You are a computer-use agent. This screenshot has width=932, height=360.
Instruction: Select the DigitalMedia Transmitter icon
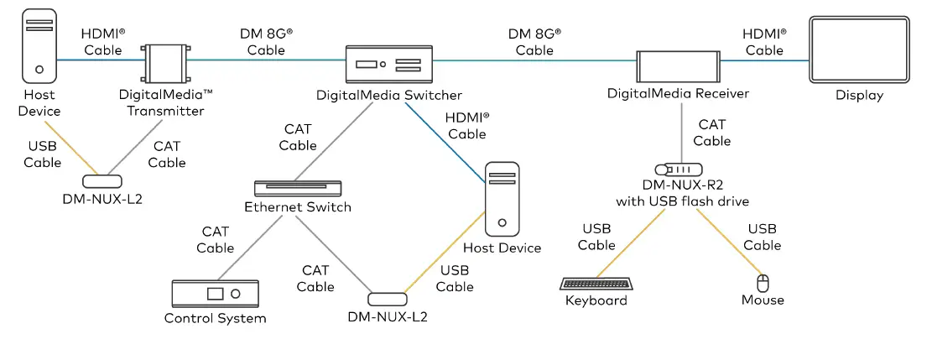coord(166,60)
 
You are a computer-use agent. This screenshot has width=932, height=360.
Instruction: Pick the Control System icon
coord(215,294)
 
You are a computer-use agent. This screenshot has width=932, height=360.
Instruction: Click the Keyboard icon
coord(596,283)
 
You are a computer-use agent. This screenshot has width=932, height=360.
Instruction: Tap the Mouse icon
coord(763,282)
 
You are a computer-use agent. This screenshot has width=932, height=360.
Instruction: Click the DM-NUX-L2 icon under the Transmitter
coord(102,180)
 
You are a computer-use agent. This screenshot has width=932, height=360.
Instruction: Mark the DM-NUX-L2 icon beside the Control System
coord(388,300)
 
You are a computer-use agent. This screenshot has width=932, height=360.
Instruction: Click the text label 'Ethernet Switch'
coord(298,207)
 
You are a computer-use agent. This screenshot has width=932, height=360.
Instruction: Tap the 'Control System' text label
coord(215,318)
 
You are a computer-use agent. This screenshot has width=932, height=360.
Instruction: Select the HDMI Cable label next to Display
coord(764,42)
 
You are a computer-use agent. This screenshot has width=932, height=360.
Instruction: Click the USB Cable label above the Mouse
coord(762,237)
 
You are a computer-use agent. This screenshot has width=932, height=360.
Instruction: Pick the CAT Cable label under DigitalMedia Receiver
coord(711,133)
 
